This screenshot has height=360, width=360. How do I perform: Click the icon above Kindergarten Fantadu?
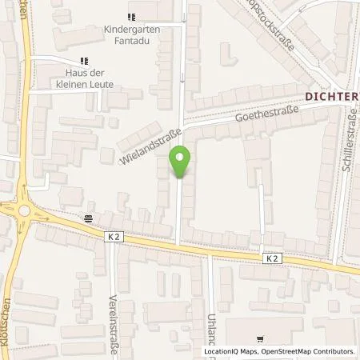[x=132, y=16]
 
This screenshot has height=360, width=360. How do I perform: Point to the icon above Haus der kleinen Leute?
[x=84, y=61]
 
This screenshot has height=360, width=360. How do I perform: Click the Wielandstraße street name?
[x=149, y=142]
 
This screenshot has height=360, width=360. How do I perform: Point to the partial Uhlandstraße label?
[x=213, y=331]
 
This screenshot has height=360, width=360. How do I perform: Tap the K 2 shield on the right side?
[x=272, y=258]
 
